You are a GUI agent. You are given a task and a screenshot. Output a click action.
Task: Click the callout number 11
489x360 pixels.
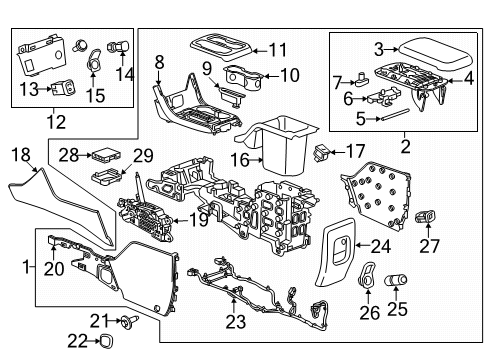point(277,48)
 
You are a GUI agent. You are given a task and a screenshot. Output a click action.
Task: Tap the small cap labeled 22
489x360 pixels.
point(103,342)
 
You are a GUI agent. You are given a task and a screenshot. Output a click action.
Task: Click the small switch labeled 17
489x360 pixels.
point(322,153)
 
